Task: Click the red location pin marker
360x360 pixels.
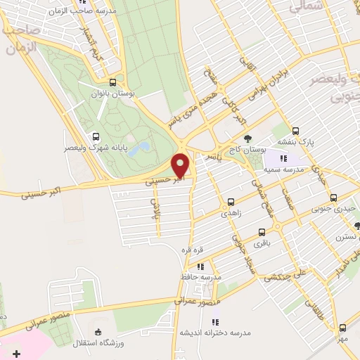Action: pyautogui.click(x=181, y=166)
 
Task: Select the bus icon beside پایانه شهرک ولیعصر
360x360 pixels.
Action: pyautogui.click(x=95, y=137)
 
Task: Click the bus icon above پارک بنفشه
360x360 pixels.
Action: pyautogui.click(x=295, y=131)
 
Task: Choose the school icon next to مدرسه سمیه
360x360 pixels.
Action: pyautogui.click(x=304, y=159)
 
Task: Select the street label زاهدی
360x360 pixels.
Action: pyautogui.click(x=231, y=212)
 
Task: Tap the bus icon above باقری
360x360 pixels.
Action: pyautogui.click(x=262, y=231)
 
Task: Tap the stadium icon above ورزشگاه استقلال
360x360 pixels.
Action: pyautogui.click(x=98, y=331)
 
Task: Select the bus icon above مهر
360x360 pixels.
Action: pyautogui.click(x=342, y=328)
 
